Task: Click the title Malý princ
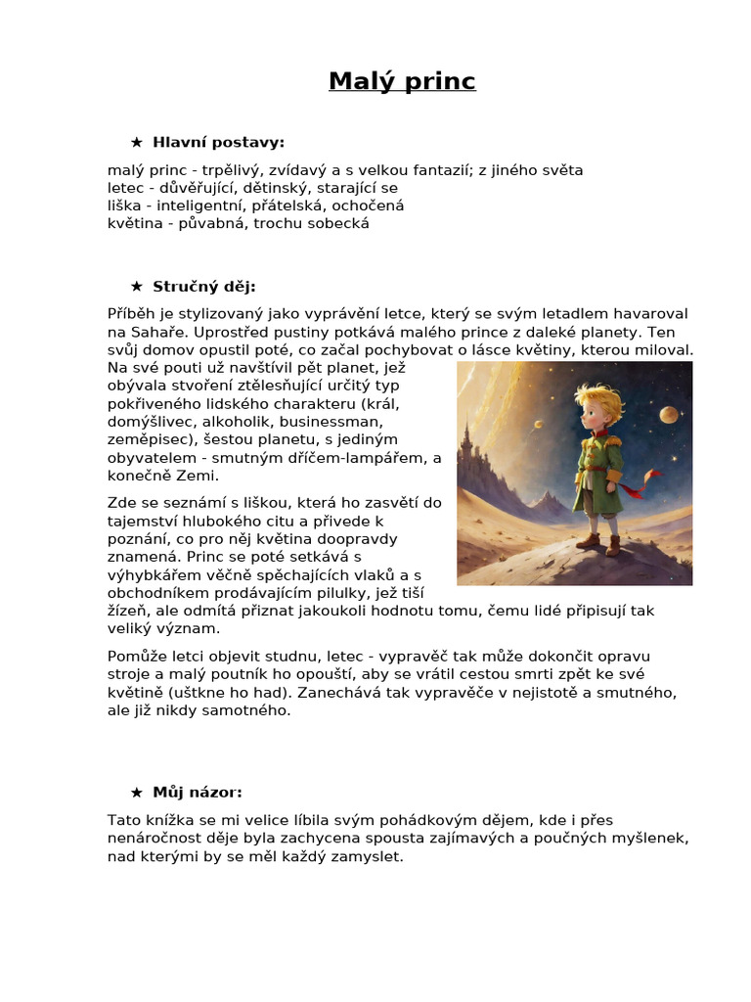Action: tap(402, 81)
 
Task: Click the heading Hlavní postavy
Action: tap(218, 143)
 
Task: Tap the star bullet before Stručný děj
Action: tap(137, 287)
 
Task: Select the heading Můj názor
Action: tap(198, 792)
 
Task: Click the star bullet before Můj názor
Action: tap(137, 793)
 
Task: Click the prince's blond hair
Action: tap(597, 397)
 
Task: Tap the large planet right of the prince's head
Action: tap(668, 415)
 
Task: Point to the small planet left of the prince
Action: tap(539, 424)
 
